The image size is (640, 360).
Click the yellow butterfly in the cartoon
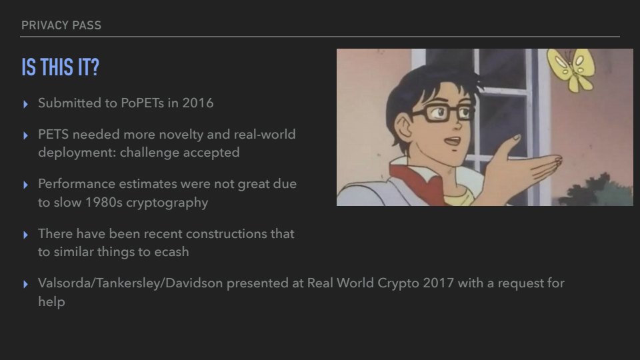coord(571,69)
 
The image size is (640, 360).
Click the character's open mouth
coord(452,141)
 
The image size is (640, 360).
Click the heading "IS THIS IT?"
coord(61,67)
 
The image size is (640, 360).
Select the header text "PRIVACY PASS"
coord(61,25)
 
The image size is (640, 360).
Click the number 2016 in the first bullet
coord(197,103)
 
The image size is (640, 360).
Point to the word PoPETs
coord(143,103)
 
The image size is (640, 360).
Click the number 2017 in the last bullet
coord(439,283)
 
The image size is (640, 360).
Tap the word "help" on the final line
coord(51,301)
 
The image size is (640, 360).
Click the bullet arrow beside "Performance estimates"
coord(26,185)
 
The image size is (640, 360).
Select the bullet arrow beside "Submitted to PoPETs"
coord(26,104)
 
